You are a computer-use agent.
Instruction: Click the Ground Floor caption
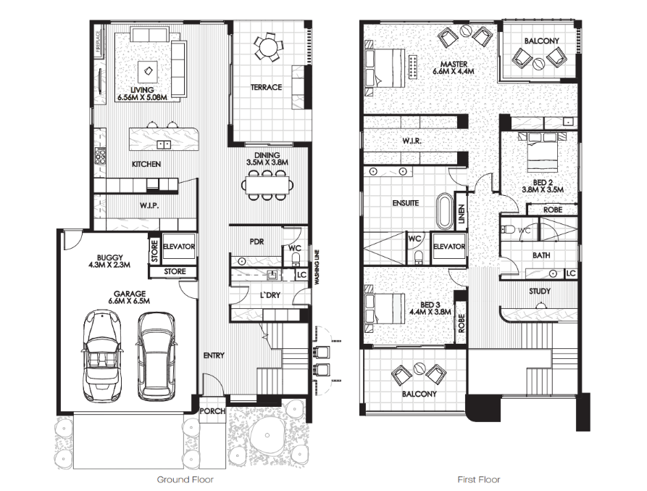point(185,479)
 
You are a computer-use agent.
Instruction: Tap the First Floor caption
point(479,479)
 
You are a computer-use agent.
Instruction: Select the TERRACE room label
point(266,87)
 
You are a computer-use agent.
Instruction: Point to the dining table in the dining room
point(267,185)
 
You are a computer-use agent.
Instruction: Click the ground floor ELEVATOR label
point(179,247)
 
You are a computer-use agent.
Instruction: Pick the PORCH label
point(212,411)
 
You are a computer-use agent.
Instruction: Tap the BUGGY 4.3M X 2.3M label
point(109,261)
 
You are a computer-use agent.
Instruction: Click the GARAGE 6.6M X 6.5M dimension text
point(129,297)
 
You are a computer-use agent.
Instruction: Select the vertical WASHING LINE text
point(317,267)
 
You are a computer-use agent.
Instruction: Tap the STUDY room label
point(539,292)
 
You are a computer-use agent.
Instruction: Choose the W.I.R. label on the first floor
point(412,141)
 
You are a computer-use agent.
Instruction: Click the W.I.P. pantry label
point(149,205)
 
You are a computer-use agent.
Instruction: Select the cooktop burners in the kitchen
point(100,156)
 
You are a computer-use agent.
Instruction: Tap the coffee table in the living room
point(148,71)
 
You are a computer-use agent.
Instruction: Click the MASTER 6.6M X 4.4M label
point(453,67)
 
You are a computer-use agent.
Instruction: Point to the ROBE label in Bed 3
point(462,323)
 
